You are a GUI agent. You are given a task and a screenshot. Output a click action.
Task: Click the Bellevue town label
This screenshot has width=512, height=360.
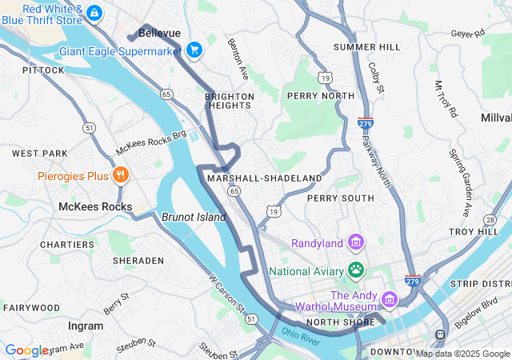(159, 33)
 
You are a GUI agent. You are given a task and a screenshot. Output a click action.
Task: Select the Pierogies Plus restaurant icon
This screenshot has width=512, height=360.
(120, 175)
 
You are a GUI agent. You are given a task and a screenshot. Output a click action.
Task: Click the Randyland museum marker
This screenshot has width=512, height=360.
(355, 242)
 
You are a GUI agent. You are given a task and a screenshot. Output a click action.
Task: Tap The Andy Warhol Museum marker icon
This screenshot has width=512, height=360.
(390, 299)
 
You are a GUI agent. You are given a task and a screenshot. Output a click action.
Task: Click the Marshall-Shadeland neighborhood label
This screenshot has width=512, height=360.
(264, 178)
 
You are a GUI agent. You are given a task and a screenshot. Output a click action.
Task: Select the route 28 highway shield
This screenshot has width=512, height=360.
(490, 219)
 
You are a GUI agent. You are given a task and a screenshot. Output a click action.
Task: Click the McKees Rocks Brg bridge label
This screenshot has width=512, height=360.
(151, 143)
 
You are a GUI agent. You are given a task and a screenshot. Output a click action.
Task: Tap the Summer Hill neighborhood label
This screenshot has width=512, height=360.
(366, 47)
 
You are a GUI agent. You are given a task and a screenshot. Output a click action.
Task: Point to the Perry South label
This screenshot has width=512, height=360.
(340, 198)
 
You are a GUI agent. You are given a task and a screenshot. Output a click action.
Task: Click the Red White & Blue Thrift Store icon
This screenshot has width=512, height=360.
(94, 13)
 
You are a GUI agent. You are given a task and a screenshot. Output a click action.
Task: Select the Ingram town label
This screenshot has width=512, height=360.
(86, 326)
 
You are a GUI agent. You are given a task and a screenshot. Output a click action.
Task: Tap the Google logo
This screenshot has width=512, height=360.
(26, 350)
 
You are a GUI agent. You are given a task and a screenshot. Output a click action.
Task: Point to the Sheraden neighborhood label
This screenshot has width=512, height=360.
(138, 261)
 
